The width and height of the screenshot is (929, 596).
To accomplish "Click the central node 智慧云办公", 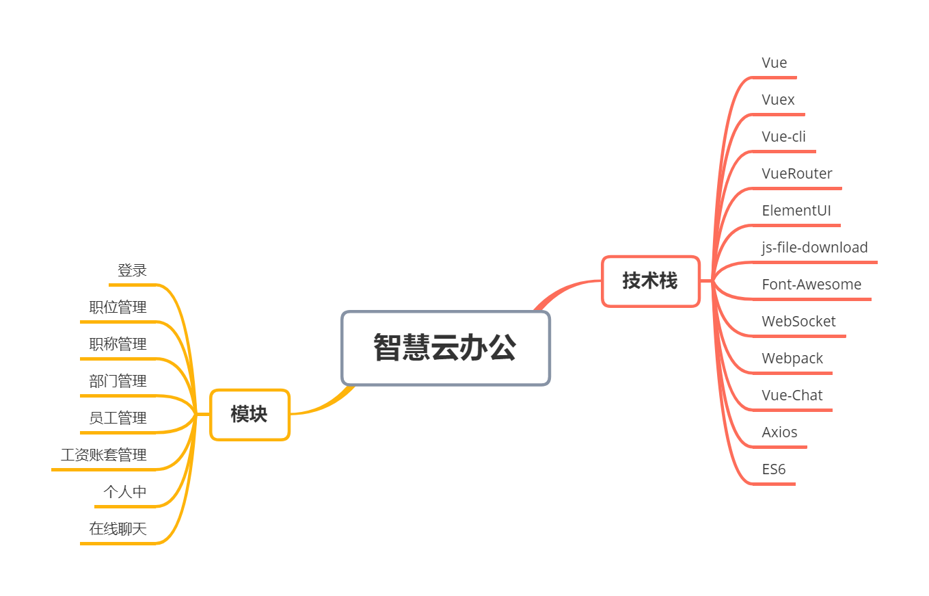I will [446, 348].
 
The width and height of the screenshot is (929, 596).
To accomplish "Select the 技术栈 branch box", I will [650, 281].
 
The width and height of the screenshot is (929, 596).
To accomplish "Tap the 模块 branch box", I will [250, 415].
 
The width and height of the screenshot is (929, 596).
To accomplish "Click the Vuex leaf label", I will [778, 100].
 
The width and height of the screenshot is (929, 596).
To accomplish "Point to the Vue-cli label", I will [783, 137].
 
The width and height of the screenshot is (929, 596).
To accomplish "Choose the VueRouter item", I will [797, 174].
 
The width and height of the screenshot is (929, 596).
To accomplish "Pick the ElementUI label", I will [796, 211].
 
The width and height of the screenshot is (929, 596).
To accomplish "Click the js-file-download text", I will [815, 248].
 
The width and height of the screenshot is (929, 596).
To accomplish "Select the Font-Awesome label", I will [811, 285].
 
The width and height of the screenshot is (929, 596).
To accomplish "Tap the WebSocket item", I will [798, 322].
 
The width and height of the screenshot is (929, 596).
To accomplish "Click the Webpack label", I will [792, 359].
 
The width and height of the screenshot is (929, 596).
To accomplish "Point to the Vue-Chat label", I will [792, 396].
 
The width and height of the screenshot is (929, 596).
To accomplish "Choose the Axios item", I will [779, 432].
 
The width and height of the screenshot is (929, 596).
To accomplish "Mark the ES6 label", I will [774, 469].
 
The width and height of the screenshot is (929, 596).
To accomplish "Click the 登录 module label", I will [132, 271].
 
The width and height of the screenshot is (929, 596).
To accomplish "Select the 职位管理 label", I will [118, 308].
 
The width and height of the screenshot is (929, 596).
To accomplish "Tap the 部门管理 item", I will [118, 381].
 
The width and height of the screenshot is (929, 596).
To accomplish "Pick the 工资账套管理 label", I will [103, 455].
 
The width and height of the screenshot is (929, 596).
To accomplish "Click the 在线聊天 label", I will [118, 529].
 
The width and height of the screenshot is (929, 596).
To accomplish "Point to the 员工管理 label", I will [118, 418].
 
